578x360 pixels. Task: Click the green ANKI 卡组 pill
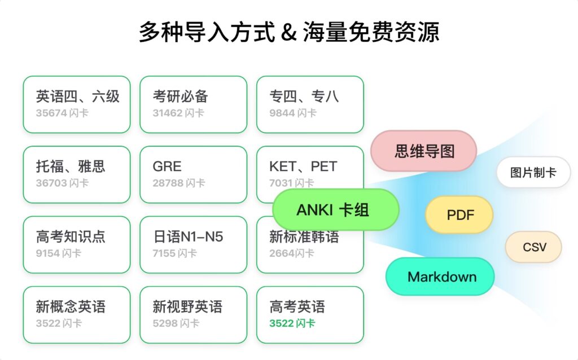click(x=335, y=210)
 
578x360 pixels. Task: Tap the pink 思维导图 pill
click(x=424, y=151)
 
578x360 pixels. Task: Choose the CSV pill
click(x=533, y=247)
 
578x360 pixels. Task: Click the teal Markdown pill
click(x=441, y=277)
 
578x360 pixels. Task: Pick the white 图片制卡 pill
click(x=533, y=173)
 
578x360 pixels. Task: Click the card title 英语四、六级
click(x=78, y=96)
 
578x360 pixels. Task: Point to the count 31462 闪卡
click(x=178, y=113)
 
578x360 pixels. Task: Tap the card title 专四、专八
click(x=304, y=96)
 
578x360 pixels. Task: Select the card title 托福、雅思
click(x=71, y=166)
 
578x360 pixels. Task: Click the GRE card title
click(x=167, y=166)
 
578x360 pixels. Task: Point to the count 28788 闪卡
click(x=178, y=183)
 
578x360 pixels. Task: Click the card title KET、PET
click(x=303, y=166)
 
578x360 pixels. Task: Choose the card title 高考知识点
click(x=71, y=237)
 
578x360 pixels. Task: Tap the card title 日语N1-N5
click(x=188, y=237)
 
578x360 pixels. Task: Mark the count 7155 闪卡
click(x=174, y=253)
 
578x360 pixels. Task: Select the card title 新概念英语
click(x=71, y=307)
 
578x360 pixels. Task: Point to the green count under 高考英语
click(x=292, y=323)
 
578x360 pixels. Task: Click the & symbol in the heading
click(x=288, y=32)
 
